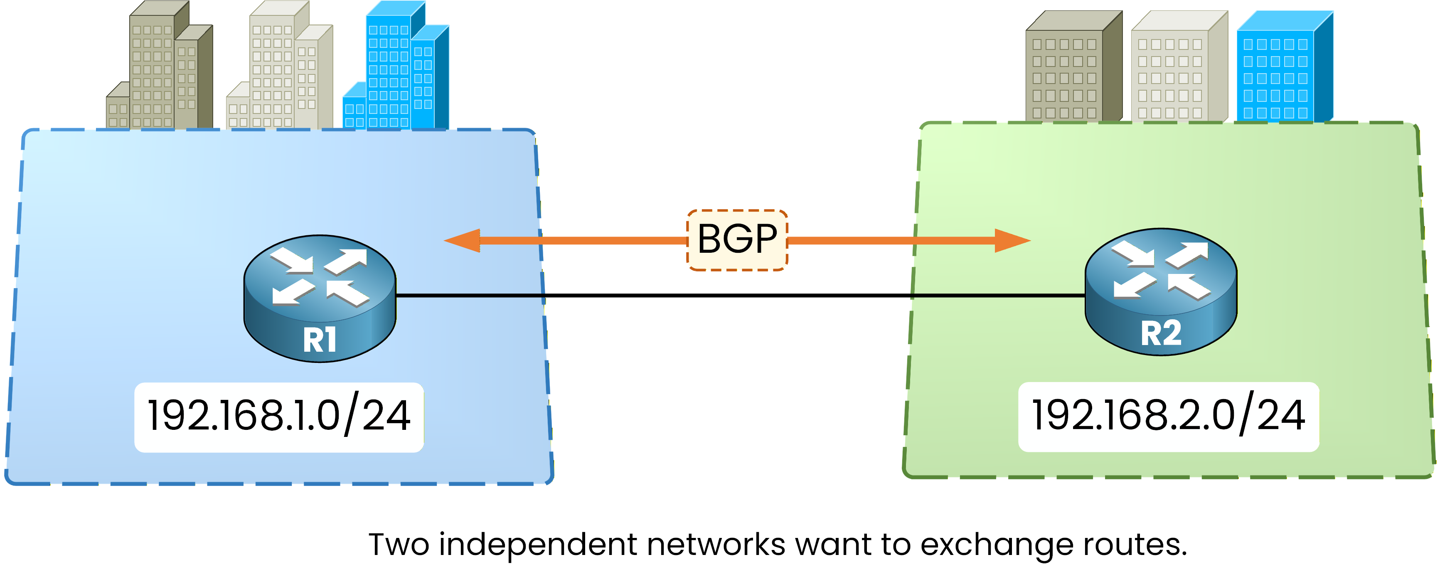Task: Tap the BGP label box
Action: [x=737, y=240]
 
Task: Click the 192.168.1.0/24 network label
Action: [x=279, y=417]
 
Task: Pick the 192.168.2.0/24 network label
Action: [x=1168, y=417]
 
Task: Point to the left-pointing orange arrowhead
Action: [x=463, y=240]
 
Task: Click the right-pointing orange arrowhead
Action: [x=1012, y=240]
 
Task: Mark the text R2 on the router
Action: [x=1161, y=333]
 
